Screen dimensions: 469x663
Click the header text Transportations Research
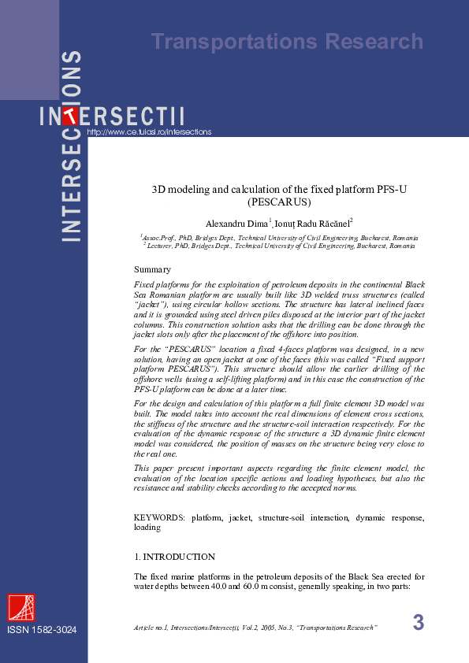287,42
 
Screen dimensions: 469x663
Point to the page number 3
418,622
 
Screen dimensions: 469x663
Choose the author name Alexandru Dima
236,224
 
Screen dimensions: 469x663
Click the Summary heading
152,270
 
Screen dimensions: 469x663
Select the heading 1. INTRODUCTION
174,557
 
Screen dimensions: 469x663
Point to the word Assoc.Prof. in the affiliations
160,237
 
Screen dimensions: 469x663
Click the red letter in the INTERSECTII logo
71,117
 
